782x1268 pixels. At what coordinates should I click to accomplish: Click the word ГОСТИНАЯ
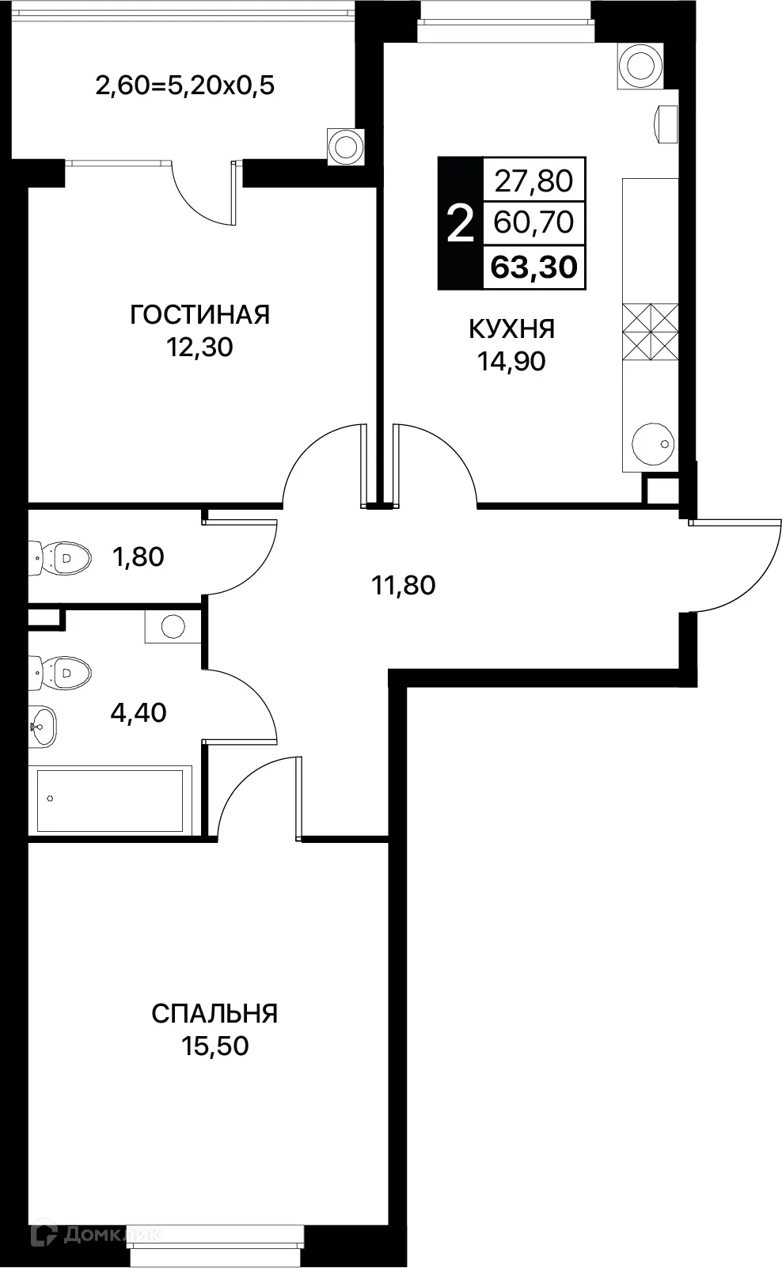pos(199,315)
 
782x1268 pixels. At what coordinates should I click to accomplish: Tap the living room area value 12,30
pos(199,347)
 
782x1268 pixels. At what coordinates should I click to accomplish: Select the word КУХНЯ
pos(511,328)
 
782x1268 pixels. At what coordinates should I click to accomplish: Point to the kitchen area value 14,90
pos(511,362)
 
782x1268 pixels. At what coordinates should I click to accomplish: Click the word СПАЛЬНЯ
pos(214,1014)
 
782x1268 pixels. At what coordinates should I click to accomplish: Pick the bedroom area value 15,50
pos(214,1046)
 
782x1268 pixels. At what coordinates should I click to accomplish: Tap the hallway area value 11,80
pos(404,586)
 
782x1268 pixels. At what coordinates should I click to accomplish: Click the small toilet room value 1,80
pos(139,557)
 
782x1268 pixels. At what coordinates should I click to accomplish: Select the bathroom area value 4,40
pos(139,713)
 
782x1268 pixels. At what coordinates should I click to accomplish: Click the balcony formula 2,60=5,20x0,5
pos(184,85)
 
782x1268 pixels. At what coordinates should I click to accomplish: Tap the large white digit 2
pos(460,224)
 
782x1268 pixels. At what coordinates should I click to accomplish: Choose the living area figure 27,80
pos(533,181)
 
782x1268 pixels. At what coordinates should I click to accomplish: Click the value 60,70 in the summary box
pos(533,222)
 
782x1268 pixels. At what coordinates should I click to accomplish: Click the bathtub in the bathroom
pos(110,799)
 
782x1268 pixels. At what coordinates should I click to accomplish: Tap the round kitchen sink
pos(654,443)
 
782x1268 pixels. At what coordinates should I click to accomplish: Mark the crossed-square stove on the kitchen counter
pos(650,332)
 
